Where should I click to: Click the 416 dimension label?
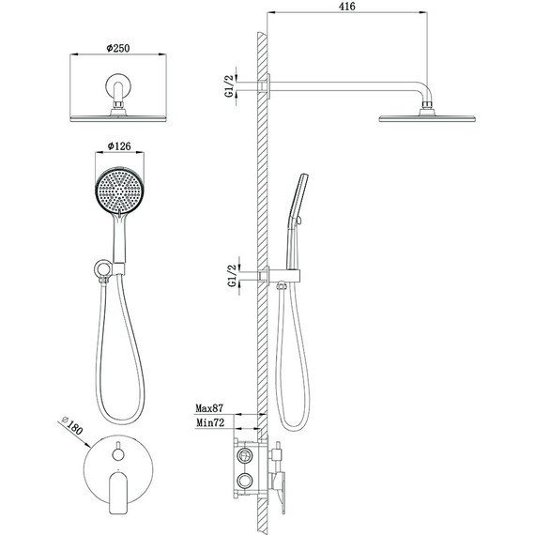coord(346,7)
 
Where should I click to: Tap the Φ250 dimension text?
coord(118,48)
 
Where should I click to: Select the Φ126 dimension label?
coord(119,146)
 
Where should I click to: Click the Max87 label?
coord(209,408)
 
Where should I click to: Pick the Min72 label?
coord(210,422)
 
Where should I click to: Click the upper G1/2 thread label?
coord(230,86)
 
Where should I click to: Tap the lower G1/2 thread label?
coord(232,276)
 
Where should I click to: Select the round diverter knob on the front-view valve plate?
coord(118,454)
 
